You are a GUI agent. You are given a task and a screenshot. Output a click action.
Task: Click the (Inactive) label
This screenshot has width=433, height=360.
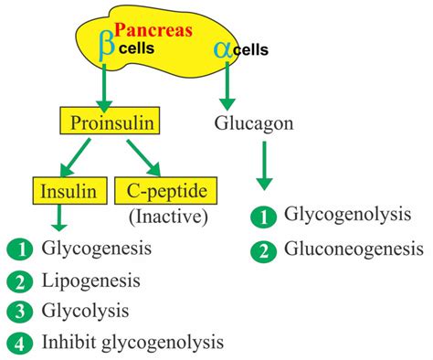[168, 217]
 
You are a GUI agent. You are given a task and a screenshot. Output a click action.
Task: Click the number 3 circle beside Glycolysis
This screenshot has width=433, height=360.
[17, 311]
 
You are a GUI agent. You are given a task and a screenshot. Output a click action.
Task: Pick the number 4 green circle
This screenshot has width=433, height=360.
[17, 343]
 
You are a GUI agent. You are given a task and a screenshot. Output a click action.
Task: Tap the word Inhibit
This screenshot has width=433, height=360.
[66, 343]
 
